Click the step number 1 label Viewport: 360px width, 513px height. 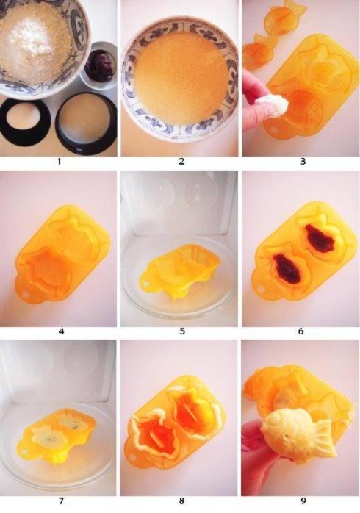point(60,162)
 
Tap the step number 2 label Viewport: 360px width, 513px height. point(181,162)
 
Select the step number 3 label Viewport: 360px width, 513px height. point(303,162)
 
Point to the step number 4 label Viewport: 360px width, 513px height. point(61,331)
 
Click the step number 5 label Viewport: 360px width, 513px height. point(182,331)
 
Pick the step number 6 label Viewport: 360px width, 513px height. point(300,331)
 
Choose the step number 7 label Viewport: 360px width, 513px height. point(61,501)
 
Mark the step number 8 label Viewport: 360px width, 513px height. point(181,501)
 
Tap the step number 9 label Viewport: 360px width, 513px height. point(303,501)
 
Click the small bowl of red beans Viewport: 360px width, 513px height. point(98,65)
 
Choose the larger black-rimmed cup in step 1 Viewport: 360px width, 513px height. point(86,124)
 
